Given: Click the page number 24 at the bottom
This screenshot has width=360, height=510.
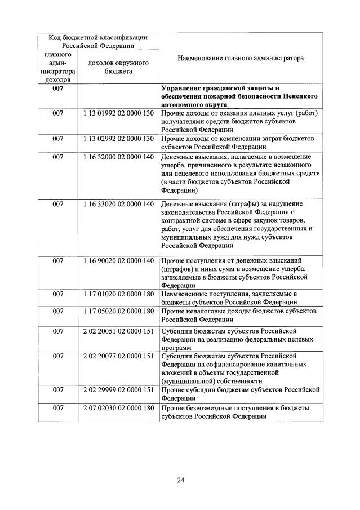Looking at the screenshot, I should coord(180,480).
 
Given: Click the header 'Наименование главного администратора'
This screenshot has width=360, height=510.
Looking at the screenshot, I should coord(240,58).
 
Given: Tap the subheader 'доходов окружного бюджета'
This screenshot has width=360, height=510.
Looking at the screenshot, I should coord(118,67).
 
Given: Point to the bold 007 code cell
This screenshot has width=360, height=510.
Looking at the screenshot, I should coord(57,88).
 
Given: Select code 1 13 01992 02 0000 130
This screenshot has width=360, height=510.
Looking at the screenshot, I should coord(118,113).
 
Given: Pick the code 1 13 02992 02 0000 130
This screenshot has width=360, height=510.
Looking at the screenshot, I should coord(118,138).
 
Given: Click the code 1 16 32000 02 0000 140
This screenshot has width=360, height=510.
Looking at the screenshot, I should coord(118,157).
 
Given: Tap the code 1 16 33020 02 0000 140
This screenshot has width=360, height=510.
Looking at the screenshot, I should coord(118,203).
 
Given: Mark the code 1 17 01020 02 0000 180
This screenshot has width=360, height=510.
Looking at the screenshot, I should coord(118,294).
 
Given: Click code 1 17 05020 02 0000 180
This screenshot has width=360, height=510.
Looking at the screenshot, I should coord(118,311).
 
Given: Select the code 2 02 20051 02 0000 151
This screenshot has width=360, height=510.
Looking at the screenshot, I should coord(118,331).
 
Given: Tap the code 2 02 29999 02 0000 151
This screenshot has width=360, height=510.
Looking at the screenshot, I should coord(118,390).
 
